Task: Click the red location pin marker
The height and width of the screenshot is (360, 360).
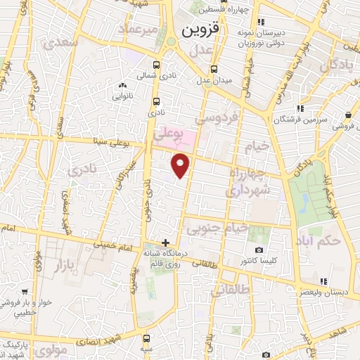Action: pyautogui.click(x=181, y=165)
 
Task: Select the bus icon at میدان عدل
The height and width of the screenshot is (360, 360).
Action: pyautogui.click(x=214, y=69)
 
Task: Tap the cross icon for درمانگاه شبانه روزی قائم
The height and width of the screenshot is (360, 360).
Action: pyautogui.click(x=165, y=243)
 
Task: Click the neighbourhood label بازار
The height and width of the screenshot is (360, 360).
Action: pyautogui.click(x=69, y=265)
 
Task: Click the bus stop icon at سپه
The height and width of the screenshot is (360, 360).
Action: pyautogui.click(x=146, y=339)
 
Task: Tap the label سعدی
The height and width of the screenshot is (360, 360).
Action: pyautogui.click(x=59, y=44)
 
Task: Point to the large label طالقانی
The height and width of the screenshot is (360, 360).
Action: pyautogui.click(x=231, y=288)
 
